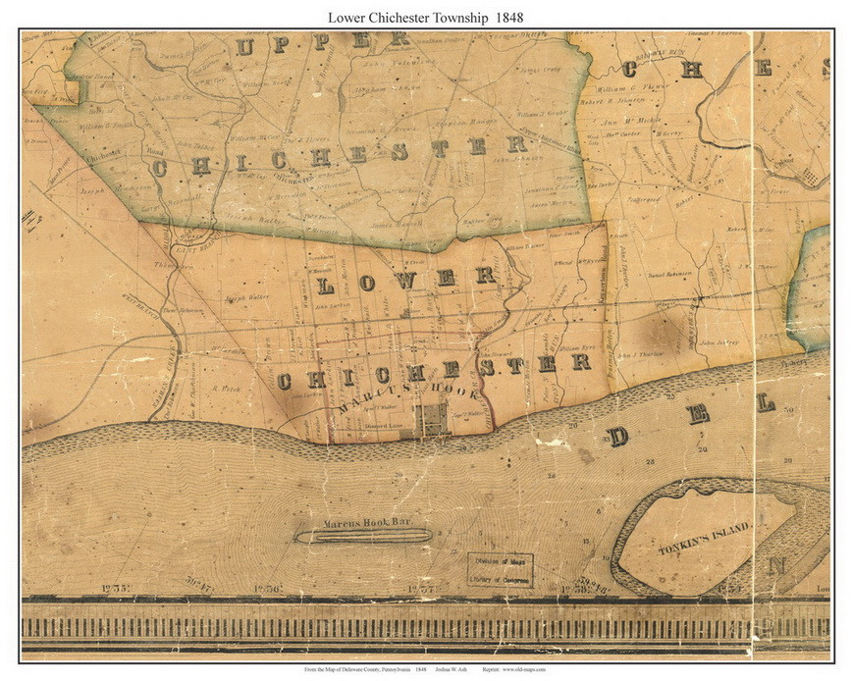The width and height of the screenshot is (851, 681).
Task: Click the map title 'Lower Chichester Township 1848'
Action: pyautogui.click(x=424, y=17)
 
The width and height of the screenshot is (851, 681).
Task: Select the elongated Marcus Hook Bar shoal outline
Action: pyautogui.click(x=363, y=536)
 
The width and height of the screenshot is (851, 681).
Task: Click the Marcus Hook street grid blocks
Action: pyautogui.click(x=432, y=419)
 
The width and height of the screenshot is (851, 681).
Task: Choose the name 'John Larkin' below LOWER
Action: pyautogui.click(x=333, y=305)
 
